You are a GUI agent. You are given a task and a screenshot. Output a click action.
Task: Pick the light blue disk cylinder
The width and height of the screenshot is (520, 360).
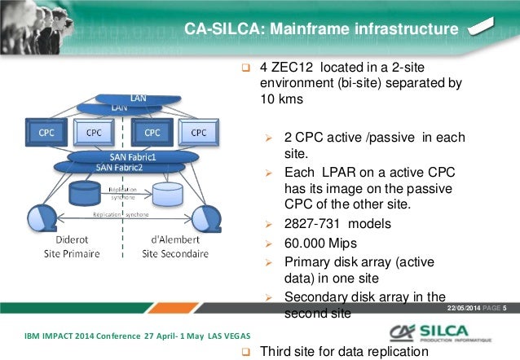coord(167,194)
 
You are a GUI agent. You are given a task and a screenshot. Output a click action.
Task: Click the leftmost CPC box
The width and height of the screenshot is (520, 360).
coord(42,131)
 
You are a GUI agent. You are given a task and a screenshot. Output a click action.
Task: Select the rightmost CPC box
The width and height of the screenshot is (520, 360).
coord(199,131)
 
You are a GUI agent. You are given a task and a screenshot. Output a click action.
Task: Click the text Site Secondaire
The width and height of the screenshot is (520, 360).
coord(174,253)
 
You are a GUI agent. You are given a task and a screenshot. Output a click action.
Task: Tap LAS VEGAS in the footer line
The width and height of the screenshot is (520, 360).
coord(222,336)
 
